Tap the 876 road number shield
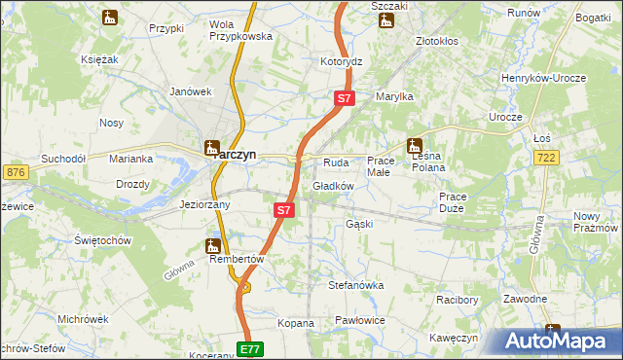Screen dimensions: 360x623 tap(15, 172)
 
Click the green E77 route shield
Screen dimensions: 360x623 tap(250, 348)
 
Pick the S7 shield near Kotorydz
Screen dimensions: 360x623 tap(346, 98)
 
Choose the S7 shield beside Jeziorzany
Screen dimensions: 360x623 tap(283, 209)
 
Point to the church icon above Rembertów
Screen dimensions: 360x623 tap(213, 246)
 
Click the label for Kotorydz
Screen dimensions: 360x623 tap(342, 61)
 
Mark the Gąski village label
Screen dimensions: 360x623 tap(359, 224)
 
